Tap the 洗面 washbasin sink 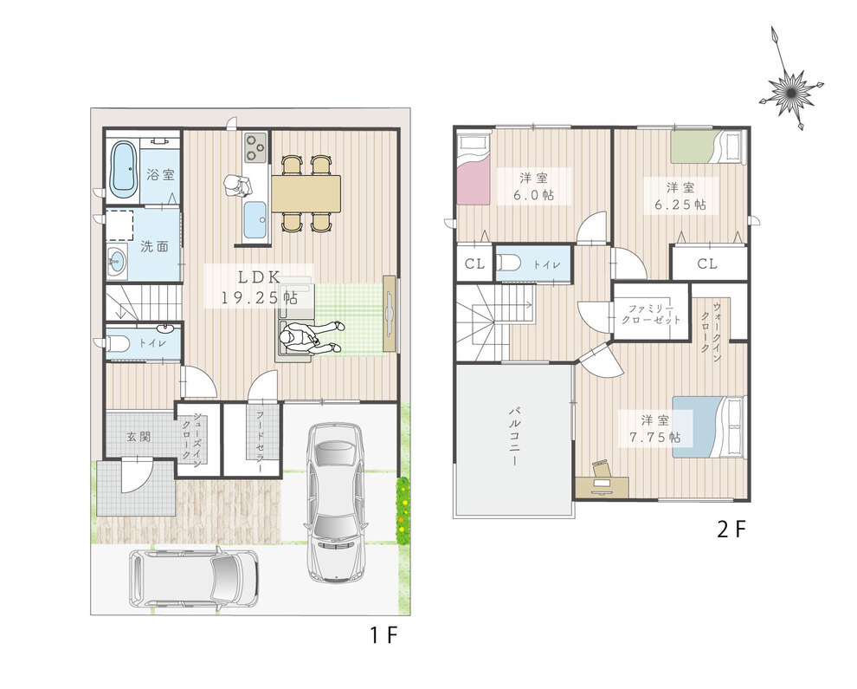tap(116, 262)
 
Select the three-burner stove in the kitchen tap(255, 147)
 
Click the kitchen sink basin tap(255, 220)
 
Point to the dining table tap(306, 193)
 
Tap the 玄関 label tap(139, 437)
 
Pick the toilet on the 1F tap(118, 344)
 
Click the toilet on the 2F tap(508, 263)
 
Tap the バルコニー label tap(514, 437)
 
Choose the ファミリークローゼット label tap(650, 314)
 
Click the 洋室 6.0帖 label tap(534, 186)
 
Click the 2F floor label tap(731, 530)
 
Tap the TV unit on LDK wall tap(390, 314)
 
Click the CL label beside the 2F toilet tap(474, 263)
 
